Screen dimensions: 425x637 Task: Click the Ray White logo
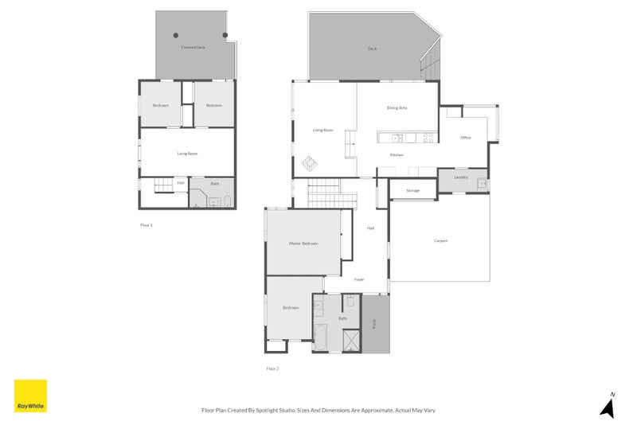click(x=30, y=396)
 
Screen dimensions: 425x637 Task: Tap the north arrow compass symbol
click(x=608, y=407)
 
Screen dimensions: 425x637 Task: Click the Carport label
click(x=440, y=240)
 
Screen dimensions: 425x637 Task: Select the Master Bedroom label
click(x=303, y=244)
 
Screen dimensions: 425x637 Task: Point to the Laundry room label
click(x=461, y=177)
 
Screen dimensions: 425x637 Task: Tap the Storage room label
click(x=412, y=191)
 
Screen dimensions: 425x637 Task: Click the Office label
click(x=466, y=138)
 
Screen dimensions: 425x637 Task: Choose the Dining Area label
click(x=397, y=107)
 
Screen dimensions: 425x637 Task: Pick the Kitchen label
click(x=397, y=154)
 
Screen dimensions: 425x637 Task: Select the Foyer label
click(x=359, y=280)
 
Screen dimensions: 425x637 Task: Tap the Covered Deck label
click(x=193, y=47)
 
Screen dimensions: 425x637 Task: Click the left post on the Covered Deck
click(x=176, y=35)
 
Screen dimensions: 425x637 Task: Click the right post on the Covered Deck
click(x=225, y=35)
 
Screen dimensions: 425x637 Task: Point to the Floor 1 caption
click(x=146, y=225)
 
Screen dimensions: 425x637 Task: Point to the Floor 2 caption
click(x=272, y=368)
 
